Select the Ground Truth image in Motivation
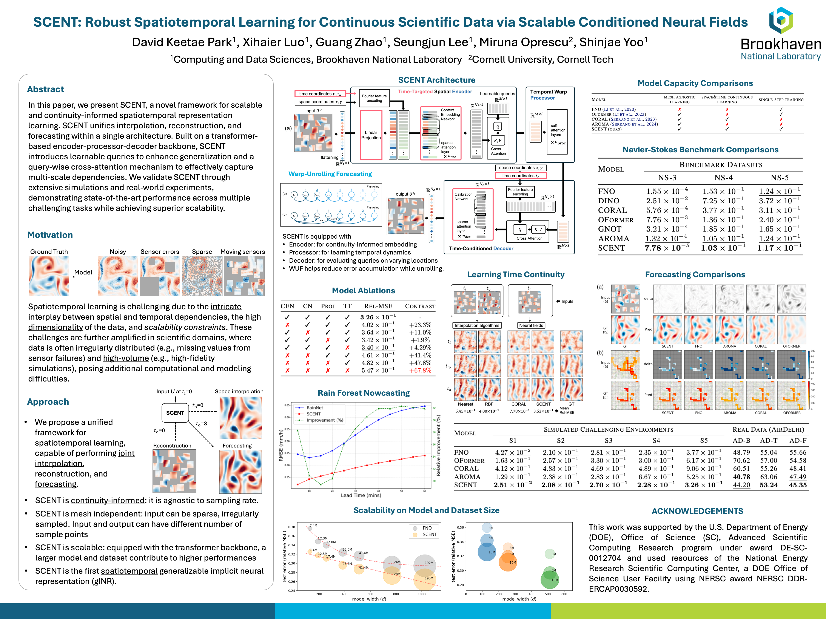[x=49, y=276]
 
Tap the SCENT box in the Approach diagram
[x=175, y=413]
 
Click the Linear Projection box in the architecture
[x=371, y=135]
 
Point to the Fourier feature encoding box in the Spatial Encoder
[x=374, y=98]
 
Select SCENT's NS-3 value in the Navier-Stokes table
[x=667, y=248]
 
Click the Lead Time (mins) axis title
[x=361, y=495]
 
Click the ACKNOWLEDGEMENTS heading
[x=697, y=511]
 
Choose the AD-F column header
[x=798, y=441]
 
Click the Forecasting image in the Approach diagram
[x=240, y=472]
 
